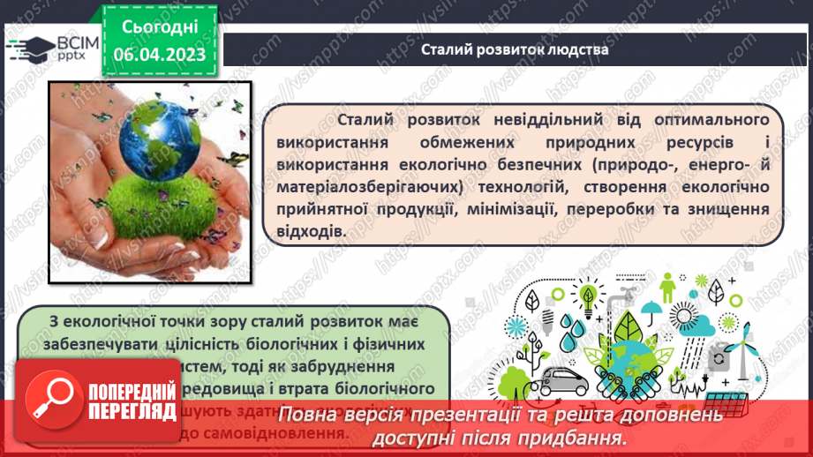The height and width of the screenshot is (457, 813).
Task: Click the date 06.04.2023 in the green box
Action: pos(159,55)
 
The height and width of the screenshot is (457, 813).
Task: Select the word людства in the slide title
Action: pos(574,49)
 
